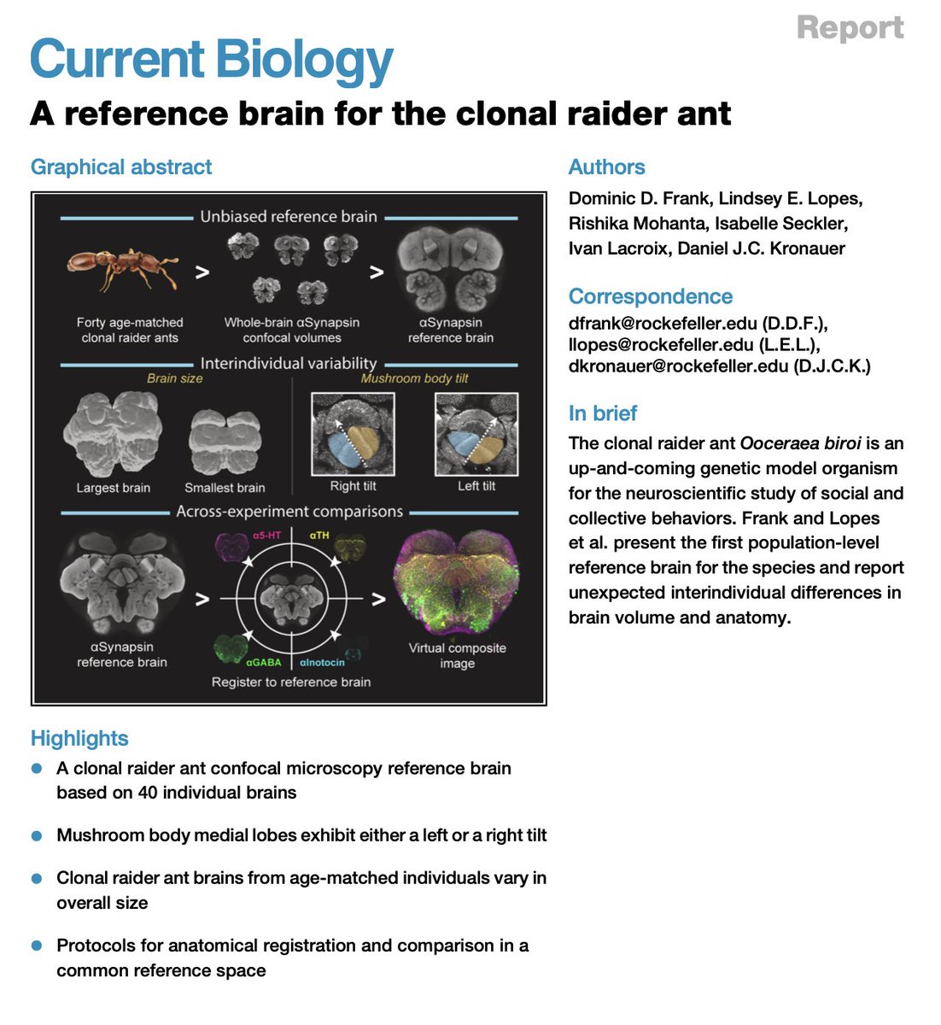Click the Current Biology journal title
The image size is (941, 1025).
[212, 60]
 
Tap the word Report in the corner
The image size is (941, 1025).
[850, 27]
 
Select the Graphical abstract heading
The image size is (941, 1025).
[121, 167]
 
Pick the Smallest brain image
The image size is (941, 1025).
[225, 442]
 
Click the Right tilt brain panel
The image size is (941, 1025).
[353, 434]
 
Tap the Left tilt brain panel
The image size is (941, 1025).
[476, 434]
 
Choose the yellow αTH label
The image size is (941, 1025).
[319, 536]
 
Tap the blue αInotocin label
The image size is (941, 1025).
[322, 662]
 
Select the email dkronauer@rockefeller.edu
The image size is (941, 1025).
[678, 367]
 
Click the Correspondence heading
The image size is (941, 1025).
[651, 296]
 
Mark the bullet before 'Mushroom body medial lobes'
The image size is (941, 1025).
[37, 835]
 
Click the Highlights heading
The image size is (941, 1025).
[79, 738]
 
